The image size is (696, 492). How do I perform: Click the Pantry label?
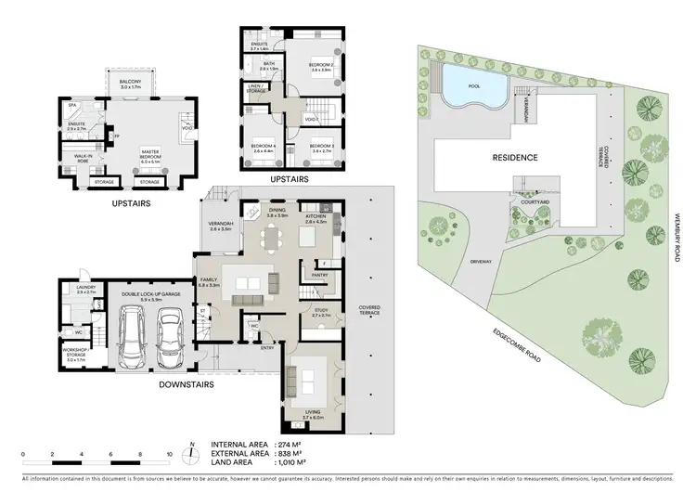320,275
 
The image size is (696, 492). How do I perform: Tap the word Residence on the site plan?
514,158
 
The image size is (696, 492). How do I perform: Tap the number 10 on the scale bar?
170,455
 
